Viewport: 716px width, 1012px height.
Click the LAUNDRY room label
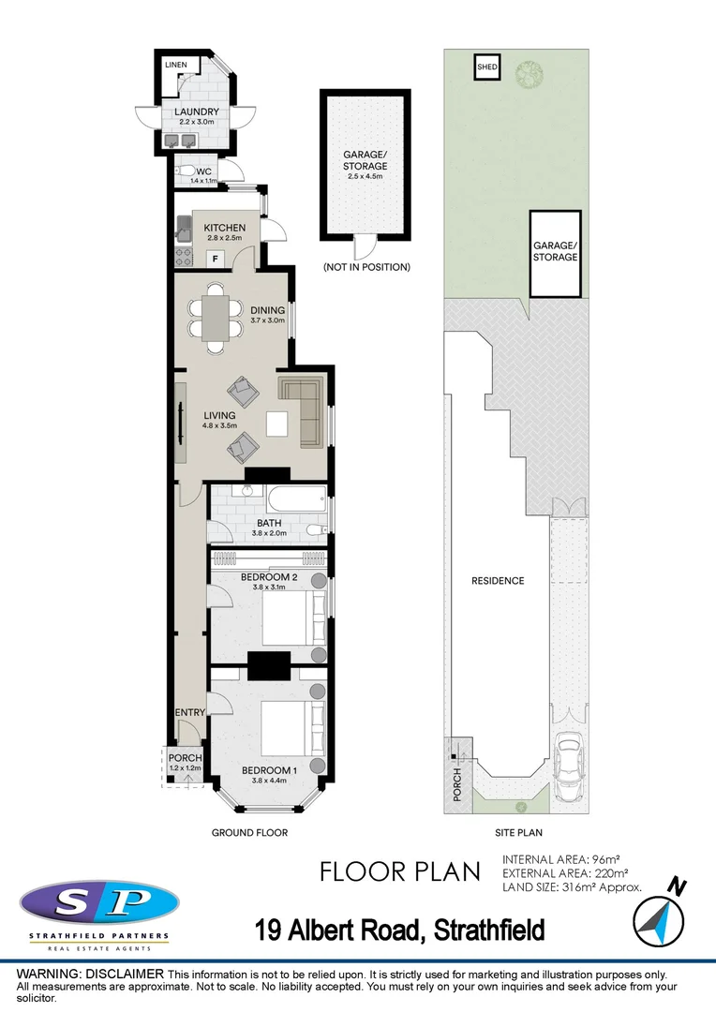(197, 112)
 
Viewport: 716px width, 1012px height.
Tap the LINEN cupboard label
(176, 65)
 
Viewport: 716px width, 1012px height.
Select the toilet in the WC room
(187, 171)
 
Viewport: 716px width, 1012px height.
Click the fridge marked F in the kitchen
(215, 257)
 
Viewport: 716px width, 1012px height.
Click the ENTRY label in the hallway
(190, 712)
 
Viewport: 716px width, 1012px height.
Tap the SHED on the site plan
(486, 68)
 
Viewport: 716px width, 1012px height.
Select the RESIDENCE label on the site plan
(497, 581)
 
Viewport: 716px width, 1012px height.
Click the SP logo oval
(98, 903)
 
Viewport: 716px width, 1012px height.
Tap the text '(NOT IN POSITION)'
(366, 267)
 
